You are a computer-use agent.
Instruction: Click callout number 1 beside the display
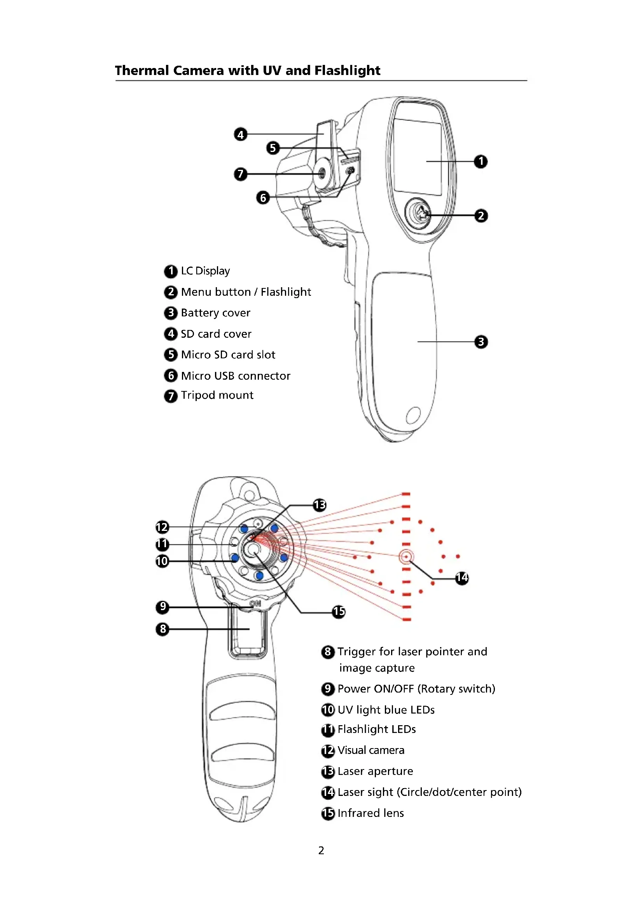pyautogui.click(x=481, y=162)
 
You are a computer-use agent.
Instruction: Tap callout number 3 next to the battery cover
pyautogui.click(x=481, y=342)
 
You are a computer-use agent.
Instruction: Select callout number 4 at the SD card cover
pyautogui.click(x=240, y=134)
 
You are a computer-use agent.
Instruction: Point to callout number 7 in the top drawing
pyautogui.click(x=240, y=174)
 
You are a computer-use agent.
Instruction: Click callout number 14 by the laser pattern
pyautogui.click(x=462, y=578)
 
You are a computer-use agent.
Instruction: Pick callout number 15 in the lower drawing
pyautogui.click(x=339, y=612)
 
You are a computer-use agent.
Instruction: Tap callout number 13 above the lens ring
pyautogui.click(x=320, y=505)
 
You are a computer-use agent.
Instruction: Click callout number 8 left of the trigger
pyautogui.click(x=162, y=629)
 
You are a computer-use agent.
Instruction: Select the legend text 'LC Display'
pyautogui.click(x=205, y=271)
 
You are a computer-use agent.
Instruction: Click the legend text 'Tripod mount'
pyautogui.click(x=217, y=395)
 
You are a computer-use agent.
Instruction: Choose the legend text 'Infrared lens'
pyautogui.click(x=370, y=813)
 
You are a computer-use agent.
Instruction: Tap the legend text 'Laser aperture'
pyautogui.click(x=375, y=771)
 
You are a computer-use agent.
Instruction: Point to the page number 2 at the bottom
pyautogui.click(x=321, y=850)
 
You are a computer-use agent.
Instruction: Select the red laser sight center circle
pyautogui.click(x=406, y=557)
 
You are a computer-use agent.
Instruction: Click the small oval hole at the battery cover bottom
pyautogui.click(x=413, y=415)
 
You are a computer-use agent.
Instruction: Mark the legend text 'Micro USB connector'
pyautogui.click(x=236, y=376)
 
